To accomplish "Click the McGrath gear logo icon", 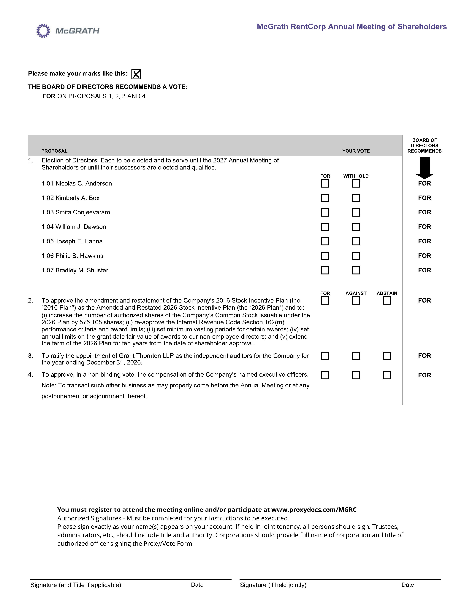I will click(x=43, y=31).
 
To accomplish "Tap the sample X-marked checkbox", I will click(x=136, y=74).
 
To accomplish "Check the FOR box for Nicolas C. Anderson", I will click(x=325, y=184).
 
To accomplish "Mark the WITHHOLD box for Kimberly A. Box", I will click(x=356, y=198).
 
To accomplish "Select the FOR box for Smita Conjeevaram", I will click(x=325, y=212).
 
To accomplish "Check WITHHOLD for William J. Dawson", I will click(x=356, y=227).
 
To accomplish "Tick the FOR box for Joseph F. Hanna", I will click(x=325, y=241).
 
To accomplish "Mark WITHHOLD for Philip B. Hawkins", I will click(x=356, y=256).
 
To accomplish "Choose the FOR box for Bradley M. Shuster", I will click(x=325, y=270).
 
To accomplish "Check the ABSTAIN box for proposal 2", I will click(x=387, y=300).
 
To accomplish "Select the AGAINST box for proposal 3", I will click(x=356, y=356).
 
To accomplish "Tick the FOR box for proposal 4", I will click(x=325, y=375).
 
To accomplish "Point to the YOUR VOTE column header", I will click(x=356, y=151).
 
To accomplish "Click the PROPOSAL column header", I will click(x=54, y=151).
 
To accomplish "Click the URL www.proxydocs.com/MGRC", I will click(x=314, y=510).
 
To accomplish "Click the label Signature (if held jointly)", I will click(x=273, y=585).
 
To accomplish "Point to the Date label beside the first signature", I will click(x=197, y=585).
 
